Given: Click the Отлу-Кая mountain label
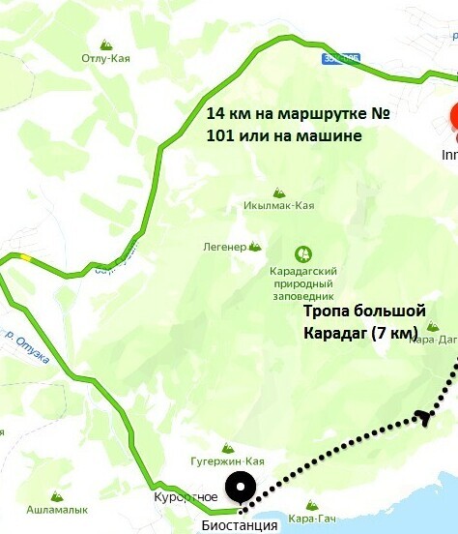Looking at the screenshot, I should tap(105, 58).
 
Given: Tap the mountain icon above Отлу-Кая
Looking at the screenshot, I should tap(105, 44).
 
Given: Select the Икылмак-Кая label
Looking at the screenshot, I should tap(278, 206).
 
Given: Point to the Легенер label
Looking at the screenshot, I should tap(224, 247).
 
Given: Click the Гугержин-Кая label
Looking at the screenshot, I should tap(227, 461).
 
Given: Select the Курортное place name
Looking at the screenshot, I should tap(185, 497).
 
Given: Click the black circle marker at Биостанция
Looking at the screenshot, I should tap(240, 486).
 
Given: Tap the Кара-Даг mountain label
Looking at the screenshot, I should tap(433, 340).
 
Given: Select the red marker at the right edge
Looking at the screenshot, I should tap(453, 121).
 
